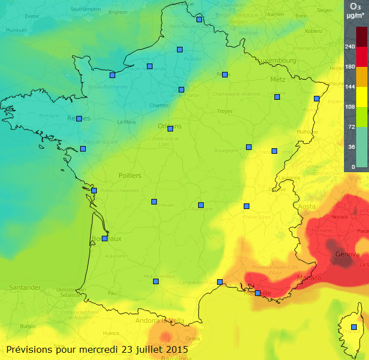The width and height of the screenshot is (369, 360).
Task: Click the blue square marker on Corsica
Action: [354, 327]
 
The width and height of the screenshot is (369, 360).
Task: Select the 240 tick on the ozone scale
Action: [350, 47]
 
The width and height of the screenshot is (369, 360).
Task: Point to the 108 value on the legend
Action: [350, 106]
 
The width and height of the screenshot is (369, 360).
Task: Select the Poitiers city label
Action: [130, 176]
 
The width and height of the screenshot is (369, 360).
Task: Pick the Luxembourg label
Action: [275, 60]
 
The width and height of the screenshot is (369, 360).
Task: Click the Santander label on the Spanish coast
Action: [25, 288]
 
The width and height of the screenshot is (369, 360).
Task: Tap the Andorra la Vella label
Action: [160, 320]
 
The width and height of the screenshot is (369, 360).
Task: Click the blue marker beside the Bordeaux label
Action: [105, 239]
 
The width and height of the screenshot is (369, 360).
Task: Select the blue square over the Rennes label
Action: [79, 119]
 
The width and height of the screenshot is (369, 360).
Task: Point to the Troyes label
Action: [224, 111]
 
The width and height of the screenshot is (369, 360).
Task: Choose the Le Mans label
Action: [126, 122]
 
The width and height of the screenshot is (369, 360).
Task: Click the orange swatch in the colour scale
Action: [362, 77]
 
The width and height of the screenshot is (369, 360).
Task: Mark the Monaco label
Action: [310, 278]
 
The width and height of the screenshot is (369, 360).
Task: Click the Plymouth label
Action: [16, 30]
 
